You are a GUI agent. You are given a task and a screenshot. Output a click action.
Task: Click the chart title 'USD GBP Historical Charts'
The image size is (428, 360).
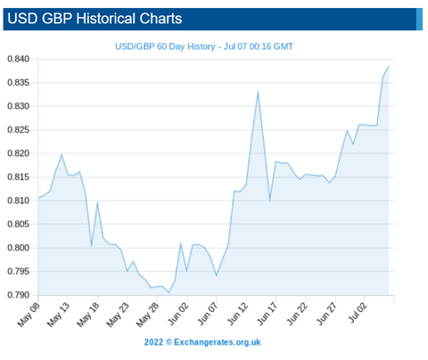[x=95, y=19]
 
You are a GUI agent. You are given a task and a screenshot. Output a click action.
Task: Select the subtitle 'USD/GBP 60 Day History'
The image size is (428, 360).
[x=165, y=46]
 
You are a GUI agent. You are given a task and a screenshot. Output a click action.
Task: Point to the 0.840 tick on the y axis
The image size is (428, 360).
[x=19, y=59]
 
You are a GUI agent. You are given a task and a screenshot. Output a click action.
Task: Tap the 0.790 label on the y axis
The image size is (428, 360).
[x=19, y=295]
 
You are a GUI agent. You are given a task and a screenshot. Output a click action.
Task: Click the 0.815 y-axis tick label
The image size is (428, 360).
[x=19, y=177]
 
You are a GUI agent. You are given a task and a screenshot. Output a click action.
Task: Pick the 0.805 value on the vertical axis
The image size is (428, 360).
[x=19, y=225]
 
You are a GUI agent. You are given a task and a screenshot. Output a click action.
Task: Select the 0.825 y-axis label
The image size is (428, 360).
[x=19, y=130]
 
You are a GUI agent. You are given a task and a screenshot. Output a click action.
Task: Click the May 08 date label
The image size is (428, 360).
[x=29, y=315]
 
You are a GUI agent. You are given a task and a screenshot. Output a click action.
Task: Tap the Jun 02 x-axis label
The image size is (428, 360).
[x=177, y=315]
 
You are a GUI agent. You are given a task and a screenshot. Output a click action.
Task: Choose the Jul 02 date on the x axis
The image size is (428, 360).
[x=358, y=313]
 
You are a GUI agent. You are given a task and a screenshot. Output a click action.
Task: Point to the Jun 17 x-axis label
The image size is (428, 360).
[x=267, y=315]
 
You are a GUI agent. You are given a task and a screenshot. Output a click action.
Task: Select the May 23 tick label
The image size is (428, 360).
[x=118, y=315]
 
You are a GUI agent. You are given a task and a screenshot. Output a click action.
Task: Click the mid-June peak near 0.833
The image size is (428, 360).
[x=258, y=92]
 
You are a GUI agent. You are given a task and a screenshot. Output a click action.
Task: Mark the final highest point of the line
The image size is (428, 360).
[x=389, y=67]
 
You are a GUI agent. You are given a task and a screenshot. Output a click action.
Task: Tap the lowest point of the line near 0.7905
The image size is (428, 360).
[x=169, y=292]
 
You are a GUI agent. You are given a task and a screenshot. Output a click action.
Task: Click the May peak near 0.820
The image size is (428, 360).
[x=62, y=154]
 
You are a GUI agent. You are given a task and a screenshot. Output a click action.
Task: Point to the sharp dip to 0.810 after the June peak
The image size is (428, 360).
[x=269, y=200]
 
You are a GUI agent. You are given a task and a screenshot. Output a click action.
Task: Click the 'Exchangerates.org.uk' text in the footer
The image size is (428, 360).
[x=218, y=342]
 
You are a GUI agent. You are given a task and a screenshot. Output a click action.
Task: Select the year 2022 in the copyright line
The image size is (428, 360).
[x=153, y=342]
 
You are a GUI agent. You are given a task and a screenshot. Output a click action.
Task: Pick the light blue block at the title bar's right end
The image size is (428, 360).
[x=419, y=20]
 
